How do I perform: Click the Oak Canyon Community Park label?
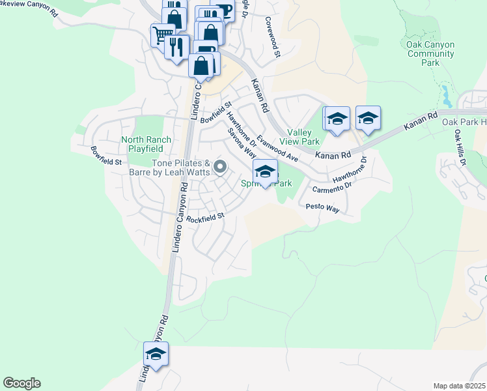(430, 53)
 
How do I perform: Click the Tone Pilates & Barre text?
(180, 167)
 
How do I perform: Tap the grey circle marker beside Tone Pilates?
(220, 167)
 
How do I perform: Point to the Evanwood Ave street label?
(277, 149)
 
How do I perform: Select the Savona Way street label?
(241, 142)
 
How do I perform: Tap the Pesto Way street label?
(323, 208)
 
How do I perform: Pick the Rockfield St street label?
(204, 217)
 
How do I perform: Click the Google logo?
(21, 383)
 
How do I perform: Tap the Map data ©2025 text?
(459, 386)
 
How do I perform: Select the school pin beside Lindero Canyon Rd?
(156, 355)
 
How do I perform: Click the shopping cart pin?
(162, 34)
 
